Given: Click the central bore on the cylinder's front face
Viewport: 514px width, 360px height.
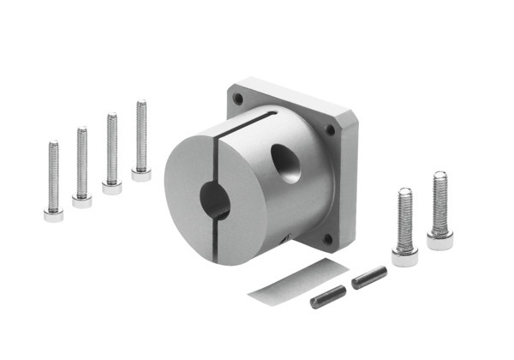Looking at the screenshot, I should click(x=214, y=202).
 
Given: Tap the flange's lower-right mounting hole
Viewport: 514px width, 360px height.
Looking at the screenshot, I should click(x=325, y=239).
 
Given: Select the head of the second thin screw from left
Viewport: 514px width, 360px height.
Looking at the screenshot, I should click(x=81, y=201).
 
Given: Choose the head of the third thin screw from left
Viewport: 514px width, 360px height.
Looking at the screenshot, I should click(x=111, y=188).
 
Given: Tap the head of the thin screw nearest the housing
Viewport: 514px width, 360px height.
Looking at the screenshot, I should click(x=140, y=175).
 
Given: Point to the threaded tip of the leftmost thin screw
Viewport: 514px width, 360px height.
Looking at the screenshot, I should click(x=53, y=146).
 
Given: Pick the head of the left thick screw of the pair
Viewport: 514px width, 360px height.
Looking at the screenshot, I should click(x=405, y=255).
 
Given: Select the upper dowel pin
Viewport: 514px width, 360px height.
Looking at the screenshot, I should click(x=369, y=277).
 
